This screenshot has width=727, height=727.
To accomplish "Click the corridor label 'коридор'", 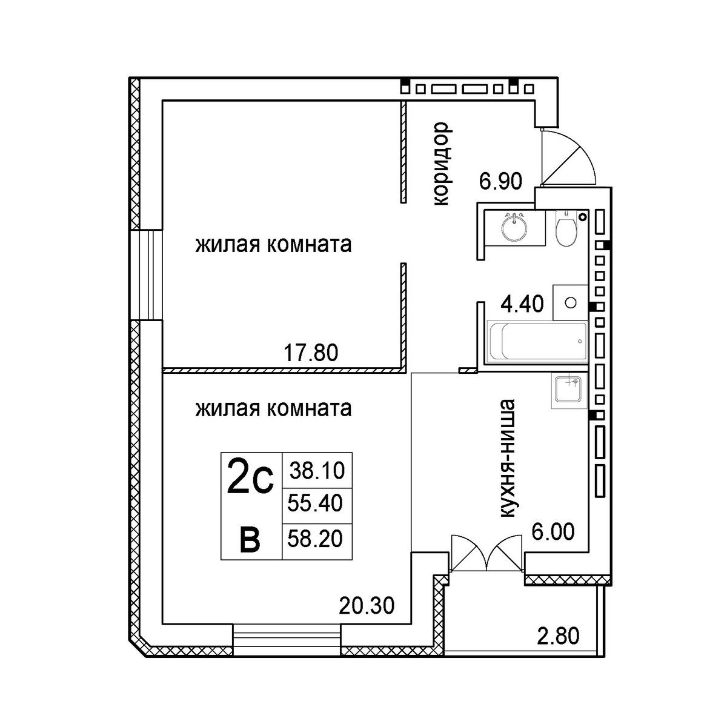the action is tap(442, 164).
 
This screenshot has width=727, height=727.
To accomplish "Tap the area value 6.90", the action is tap(500, 181).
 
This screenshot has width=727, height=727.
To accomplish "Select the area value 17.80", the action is tap(311, 353).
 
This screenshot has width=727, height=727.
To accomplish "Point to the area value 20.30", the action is tap(367, 606).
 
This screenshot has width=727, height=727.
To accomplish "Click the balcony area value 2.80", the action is tap(558, 636).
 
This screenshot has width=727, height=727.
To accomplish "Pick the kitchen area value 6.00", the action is tap(553, 531).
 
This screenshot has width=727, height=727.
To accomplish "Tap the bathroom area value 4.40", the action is tap(522, 304).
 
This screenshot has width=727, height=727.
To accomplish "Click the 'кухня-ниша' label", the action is tap(506, 459).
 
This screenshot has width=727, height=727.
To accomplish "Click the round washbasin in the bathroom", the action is tap(514, 228).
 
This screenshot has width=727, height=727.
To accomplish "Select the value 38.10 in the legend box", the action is tap(317, 471).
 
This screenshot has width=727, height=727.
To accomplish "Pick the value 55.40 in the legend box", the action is tap(315, 503).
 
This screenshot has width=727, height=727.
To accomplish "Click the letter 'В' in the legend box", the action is tap(250, 540).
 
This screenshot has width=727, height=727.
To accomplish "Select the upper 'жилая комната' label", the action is tap(273, 245).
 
